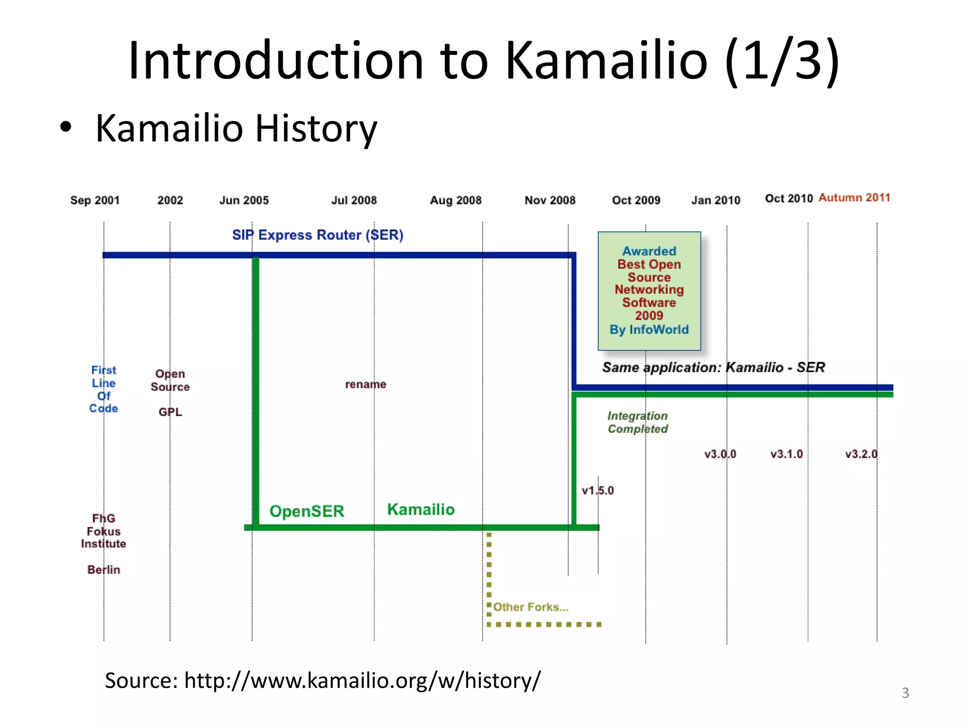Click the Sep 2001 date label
pos(95,200)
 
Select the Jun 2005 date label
pos(244,200)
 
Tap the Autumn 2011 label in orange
pos(854,198)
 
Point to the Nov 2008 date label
pos(550,200)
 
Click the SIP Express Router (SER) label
pos(318,235)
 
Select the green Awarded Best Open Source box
pos(649,290)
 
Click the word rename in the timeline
pos(365,384)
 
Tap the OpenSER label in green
pos(307,511)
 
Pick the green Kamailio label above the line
pos(421,510)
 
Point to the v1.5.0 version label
pos(597,491)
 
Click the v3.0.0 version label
pos(720,454)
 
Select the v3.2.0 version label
pos(861,454)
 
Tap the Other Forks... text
pos(531,607)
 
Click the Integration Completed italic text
pos(638,422)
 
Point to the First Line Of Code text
pos(104,389)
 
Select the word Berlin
pos(104,570)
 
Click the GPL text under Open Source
pos(170,412)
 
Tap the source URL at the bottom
pos(323,681)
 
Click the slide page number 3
pos(905,693)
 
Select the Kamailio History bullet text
pos(236,128)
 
